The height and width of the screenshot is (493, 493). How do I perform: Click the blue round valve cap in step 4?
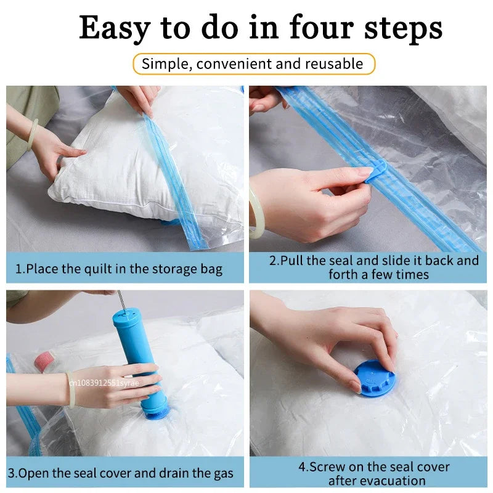coord(374,378)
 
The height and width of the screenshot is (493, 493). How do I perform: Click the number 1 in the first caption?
coord(18,269)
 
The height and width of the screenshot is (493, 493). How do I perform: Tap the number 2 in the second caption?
coord(273,260)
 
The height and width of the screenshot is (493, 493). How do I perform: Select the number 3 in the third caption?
coord(14,473)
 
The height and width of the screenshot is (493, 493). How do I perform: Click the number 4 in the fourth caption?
coord(302,467)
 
